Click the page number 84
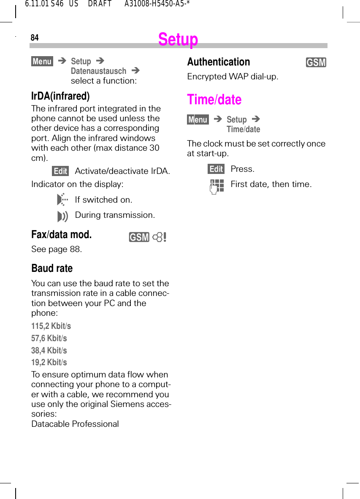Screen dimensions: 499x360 pyautogui.click(x=35, y=38)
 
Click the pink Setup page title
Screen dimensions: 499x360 pyautogui.click(x=178, y=40)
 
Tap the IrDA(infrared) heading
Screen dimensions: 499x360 pyautogui.click(x=60, y=96)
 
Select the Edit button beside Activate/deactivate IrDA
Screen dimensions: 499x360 pyautogui.click(x=60, y=171)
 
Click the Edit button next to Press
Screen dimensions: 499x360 pyautogui.click(x=216, y=169)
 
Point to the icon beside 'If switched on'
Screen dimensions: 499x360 pyautogui.click(x=62, y=200)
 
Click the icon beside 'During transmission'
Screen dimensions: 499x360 pyautogui.click(x=62, y=217)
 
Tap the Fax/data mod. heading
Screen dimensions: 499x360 pyautogui.click(x=61, y=235)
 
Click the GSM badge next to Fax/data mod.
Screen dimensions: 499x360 pyautogui.click(x=139, y=238)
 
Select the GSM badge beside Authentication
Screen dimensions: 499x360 pyautogui.click(x=316, y=63)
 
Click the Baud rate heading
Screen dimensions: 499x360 pyautogui.click(x=52, y=268)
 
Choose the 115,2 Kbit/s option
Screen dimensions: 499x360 pyautogui.click(x=51, y=326)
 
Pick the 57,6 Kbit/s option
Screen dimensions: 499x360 pyautogui.click(x=49, y=338)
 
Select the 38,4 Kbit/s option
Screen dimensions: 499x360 pyautogui.click(x=49, y=350)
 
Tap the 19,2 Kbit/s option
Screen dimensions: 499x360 pyautogui.click(x=49, y=362)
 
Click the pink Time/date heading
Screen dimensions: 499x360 pyautogui.click(x=214, y=100)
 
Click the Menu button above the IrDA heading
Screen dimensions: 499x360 pyautogui.click(x=42, y=62)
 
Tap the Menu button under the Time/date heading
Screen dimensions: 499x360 pyautogui.click(x=198, y=120)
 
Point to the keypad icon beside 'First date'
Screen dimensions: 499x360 pyautogui.click(x=217, y=185)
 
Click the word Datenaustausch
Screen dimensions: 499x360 pyautogui.click(x=98, y=71)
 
